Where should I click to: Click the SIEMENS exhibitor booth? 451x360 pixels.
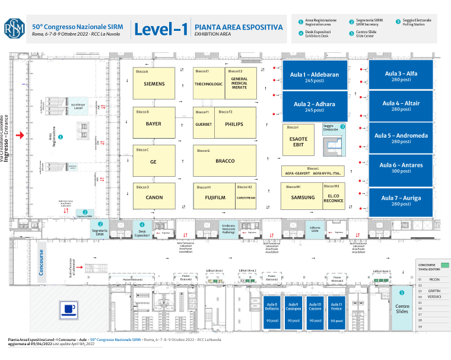(154, 84)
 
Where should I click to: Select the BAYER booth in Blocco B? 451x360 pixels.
(154, 123)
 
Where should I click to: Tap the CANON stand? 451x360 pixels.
(154, 197)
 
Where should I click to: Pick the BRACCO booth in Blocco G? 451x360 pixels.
(225, 161)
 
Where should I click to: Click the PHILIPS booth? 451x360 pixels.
(234, 124)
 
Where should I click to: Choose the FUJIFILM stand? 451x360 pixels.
(214, 197)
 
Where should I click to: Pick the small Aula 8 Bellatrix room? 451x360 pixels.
(272, 312)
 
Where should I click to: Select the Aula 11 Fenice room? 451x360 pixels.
(336, 312)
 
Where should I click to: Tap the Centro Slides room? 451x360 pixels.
(402, 308)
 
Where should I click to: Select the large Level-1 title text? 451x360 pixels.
(161, 29)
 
